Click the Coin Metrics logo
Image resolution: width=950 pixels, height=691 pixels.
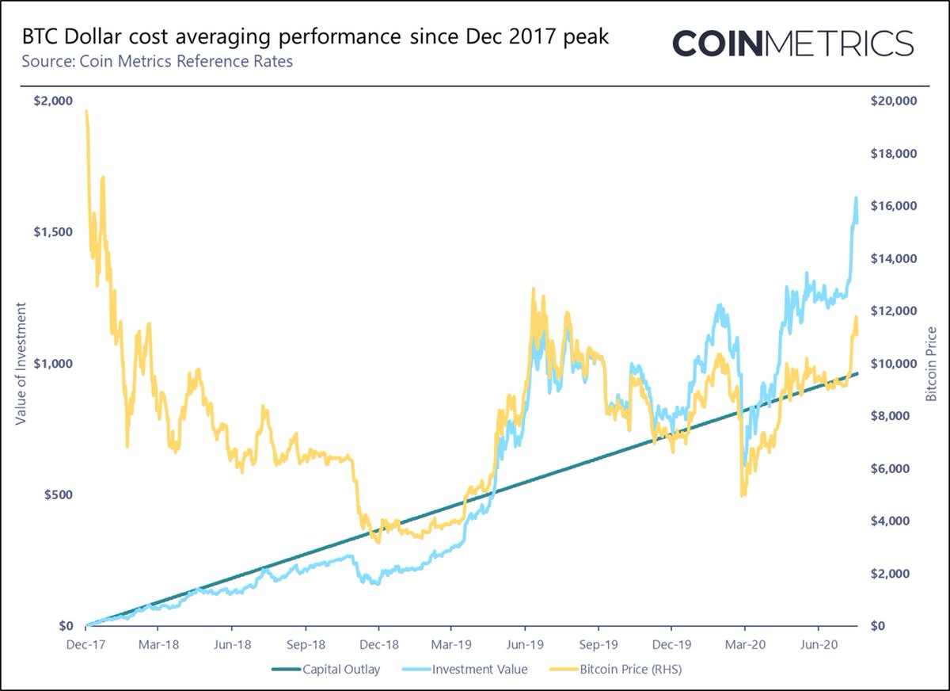pos(792,43)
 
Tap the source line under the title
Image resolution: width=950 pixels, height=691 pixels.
pos(158,61)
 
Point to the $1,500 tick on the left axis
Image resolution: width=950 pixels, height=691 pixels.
pos(53,231)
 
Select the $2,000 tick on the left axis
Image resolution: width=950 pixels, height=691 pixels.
pos(53,101)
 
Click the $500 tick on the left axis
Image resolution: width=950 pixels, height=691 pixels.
pos(57,494)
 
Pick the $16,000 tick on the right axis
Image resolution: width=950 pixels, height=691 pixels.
pos(893,206)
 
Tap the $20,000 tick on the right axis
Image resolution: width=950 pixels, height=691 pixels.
pos(893,101)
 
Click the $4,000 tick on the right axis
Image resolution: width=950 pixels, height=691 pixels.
pos(896,521)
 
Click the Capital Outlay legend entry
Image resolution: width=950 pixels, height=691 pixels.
pos(325,670)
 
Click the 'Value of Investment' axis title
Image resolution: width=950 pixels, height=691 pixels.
pos(21,362)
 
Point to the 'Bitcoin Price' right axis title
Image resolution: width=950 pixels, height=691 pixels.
pos(931,362)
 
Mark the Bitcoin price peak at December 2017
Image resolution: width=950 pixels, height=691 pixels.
pos(85,111)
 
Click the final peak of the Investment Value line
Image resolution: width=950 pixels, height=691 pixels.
pos(856,197)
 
